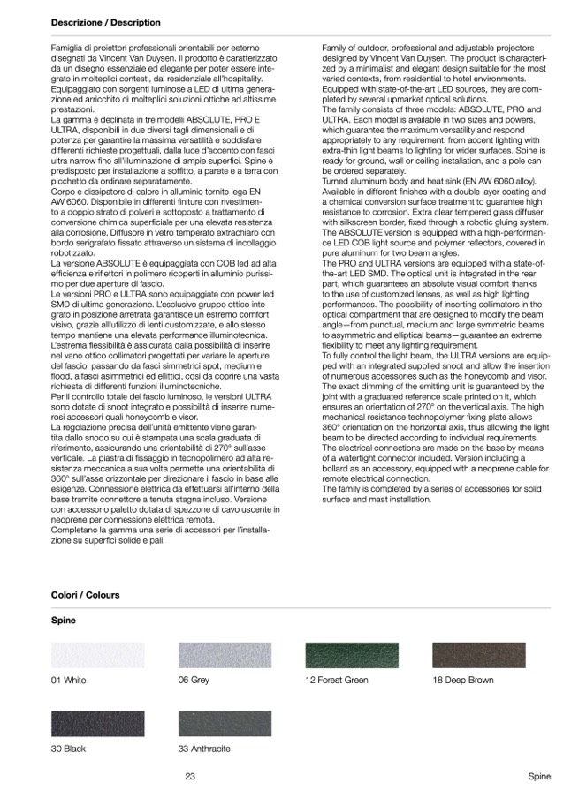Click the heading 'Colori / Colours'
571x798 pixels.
point(85,596)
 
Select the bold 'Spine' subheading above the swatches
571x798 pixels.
point(64,621)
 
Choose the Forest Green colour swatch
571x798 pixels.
point(351,656)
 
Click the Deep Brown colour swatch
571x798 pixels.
point(479,656)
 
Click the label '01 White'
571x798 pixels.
point(69,681)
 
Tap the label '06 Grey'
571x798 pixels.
point(194,681)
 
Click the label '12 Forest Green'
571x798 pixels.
point(337,681)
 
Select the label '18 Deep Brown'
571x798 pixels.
point(463,681)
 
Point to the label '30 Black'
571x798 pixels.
point(68,749)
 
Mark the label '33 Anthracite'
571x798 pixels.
point(204,749)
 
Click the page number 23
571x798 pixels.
point(190,777)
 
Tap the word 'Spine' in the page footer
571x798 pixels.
point(539,777)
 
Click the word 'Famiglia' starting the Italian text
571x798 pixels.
point(68,45)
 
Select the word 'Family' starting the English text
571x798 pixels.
point(335,45)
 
